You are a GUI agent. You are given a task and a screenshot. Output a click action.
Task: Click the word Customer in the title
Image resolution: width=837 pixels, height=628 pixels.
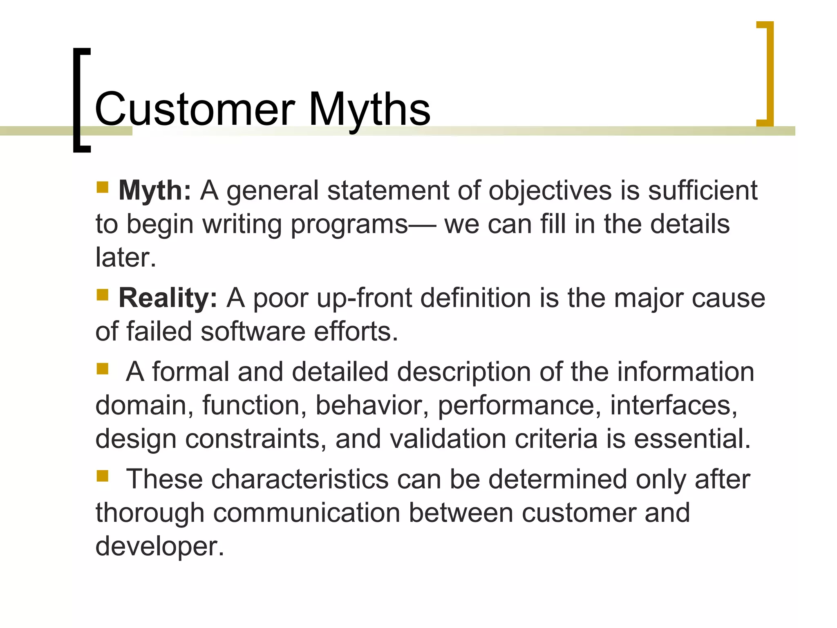pos(195,110)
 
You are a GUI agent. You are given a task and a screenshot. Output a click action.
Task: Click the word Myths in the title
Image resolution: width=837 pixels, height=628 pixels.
pos(369,110)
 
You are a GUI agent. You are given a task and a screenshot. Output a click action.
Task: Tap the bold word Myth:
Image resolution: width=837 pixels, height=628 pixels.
pos(154,191)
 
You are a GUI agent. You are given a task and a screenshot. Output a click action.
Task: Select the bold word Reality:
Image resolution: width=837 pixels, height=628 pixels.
pos(168,298)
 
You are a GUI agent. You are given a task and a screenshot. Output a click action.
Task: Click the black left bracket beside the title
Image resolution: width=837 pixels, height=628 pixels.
pos(81,100)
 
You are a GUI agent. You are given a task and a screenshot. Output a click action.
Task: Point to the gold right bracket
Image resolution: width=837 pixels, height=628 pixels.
pos(765,74)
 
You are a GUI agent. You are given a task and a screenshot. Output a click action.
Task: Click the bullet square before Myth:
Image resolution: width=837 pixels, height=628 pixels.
pos(102,188)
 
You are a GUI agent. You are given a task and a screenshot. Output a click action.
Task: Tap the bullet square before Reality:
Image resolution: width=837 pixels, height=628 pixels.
pos(102,295)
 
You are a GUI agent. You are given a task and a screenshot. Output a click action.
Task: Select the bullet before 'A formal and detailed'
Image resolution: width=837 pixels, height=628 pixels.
pos(102,369)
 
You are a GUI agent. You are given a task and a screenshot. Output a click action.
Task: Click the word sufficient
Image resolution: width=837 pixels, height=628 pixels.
pos(703,191)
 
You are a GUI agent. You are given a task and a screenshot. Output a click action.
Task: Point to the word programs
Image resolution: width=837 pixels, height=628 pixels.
pos(349,225)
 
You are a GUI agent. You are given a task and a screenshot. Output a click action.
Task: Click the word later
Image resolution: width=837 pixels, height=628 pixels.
pos(125,258)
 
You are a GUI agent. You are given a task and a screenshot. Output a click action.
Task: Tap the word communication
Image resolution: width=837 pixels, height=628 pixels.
pos(307,513)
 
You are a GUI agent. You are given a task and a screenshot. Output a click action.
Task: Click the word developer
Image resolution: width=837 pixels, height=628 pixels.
pos(159,546)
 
